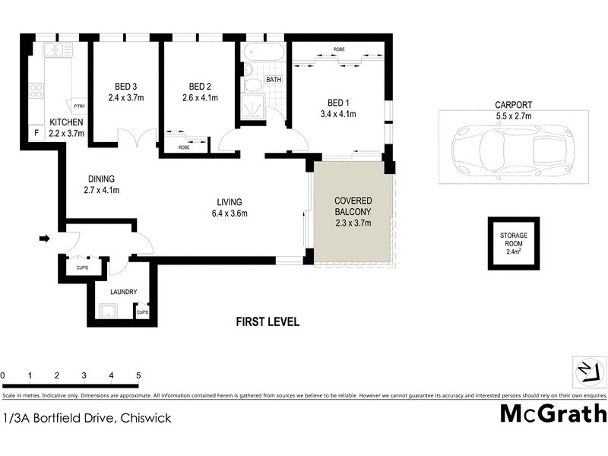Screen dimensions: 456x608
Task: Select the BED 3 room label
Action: pyautogui.click(x=125, y=86)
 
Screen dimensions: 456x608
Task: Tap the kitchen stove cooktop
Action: pyautogui.click(x=36, y=90)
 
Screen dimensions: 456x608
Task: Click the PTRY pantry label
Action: pyautogui.click(x=79, y=106)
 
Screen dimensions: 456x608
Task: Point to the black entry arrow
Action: pyautogui.click(x=45, y=239)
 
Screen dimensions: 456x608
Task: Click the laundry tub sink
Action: pyautogui.click(x=108, y=310)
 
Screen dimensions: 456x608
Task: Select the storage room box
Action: pyautogui.click(x=513, y=243)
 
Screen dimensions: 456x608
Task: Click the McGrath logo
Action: pyautogui.click(x=553, y=414)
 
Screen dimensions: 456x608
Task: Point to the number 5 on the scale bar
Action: pyautogui.click(x=138, y=375)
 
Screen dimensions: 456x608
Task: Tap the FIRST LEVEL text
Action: pyautogui.click(x=268, y=321)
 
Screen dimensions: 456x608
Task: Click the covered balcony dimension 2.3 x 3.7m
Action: pyautogui.click(x=353, y=224)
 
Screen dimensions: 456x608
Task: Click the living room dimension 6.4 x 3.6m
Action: pyautogui.click(x=229, y=214)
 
